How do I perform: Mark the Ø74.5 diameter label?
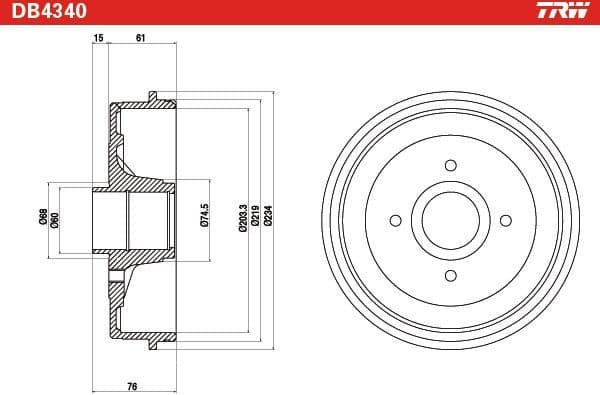(204, 217)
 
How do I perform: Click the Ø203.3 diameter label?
(243, 217)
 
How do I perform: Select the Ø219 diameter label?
(256, 217)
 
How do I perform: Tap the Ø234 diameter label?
(269, 217)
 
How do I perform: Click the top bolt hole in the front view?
(450, 165)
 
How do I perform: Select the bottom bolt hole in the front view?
(450, 275)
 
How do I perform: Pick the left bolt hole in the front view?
(395, 220)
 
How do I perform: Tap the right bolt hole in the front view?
(505, 220)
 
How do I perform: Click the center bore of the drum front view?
(450, 220)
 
